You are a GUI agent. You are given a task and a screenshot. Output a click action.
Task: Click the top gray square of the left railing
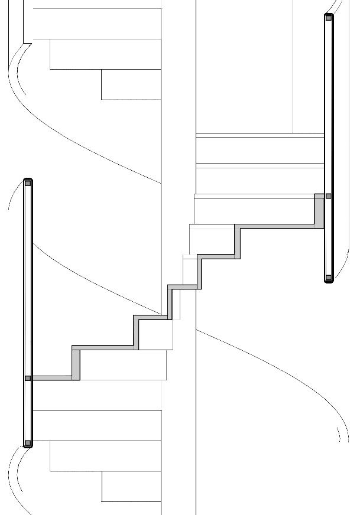click(x=28, y=183)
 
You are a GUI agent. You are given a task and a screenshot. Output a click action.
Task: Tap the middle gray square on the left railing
click(x=28, y=378)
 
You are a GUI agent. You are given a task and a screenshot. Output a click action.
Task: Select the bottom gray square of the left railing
click(x=28, y=443)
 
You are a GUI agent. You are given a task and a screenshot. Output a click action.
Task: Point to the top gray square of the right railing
click(x=329, y=18)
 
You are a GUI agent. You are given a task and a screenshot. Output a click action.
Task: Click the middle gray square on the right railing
click(x=329, y=196)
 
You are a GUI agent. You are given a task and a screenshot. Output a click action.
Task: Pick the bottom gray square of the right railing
click(x=329, y=277)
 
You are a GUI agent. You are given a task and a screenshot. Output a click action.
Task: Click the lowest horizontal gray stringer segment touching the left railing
click(x=53, y=378)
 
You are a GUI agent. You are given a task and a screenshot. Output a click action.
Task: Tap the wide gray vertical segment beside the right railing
click(x=320, y=211)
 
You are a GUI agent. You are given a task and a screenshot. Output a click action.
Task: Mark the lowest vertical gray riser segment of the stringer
click(x=76, y=363)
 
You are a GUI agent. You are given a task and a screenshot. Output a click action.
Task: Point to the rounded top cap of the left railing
click(x=28, y=179)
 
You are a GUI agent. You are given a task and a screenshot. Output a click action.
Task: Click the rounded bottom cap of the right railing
click(x=329, y=282)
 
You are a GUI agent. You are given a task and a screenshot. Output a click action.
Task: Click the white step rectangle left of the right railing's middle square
click(x=254, y=210)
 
